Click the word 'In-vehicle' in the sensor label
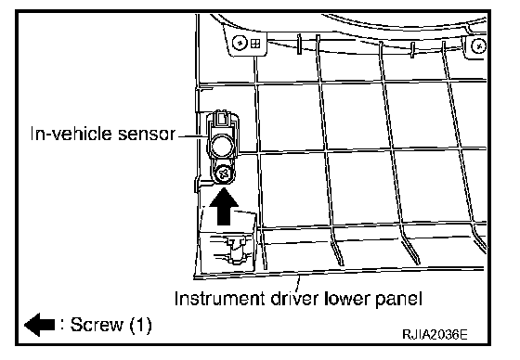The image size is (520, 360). pos(71,134)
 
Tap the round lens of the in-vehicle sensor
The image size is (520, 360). pos(222,146)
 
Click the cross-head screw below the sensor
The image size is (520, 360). pos(224,174)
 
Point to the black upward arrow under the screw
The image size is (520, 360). pos(224,207)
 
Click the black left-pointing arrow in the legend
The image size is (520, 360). pos(39,325)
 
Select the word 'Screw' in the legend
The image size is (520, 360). pos(97,325)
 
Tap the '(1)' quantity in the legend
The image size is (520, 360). pos(140,325)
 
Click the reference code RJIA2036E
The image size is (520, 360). pos(435,334)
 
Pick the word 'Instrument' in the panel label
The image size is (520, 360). pos(219,299)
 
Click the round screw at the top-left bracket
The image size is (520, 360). pos(240,43)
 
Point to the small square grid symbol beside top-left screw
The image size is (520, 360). pos(255,44)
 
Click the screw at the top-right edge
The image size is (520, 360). pos(478,46)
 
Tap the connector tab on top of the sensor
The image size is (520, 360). pos(223,119)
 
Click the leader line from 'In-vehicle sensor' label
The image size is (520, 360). pos(193,135)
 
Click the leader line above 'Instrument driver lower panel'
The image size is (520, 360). pos(298,283)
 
